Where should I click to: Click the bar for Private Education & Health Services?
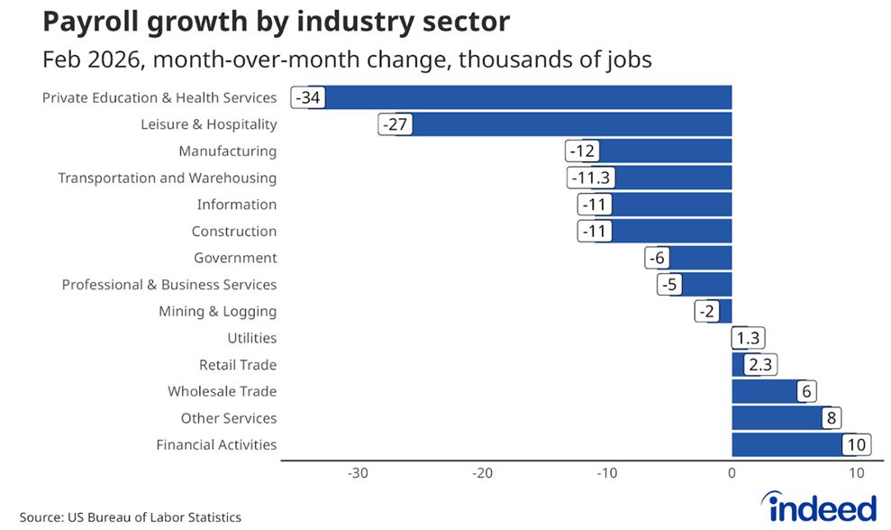pos(527,97)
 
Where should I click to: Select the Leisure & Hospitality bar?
pos(571,124)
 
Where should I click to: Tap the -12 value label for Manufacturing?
pos(582,151)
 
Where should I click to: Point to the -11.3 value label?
pos(591,178)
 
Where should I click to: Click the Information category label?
pos(237,205)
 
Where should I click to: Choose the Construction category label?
pos(234,232)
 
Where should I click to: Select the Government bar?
pos(701,258)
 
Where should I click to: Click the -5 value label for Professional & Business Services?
pos(669,285)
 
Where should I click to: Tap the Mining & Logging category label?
pos(217,312)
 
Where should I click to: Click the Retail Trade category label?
pos(238,365)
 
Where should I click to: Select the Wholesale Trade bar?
pos(765,391)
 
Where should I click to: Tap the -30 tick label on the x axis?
pos(358,473)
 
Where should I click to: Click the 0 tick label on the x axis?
pos(732,473)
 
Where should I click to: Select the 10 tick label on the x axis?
pos(856,473)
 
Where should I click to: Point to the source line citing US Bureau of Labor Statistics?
pos(131,517)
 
